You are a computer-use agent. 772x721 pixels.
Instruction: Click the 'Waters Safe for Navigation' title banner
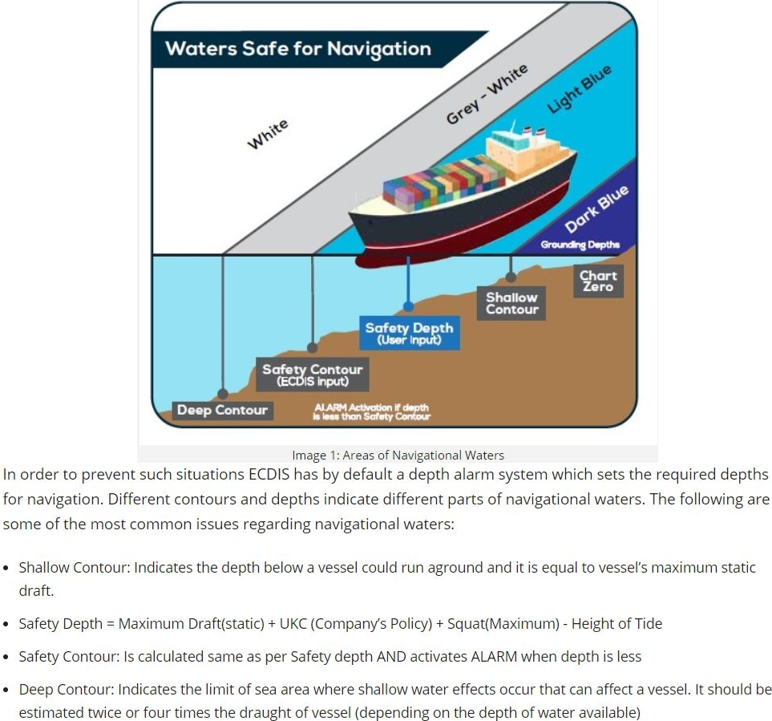tap(305, 49)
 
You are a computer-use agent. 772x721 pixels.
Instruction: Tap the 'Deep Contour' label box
tap(223, 411)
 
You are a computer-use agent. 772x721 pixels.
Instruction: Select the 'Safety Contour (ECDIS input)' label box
tap(312, 375)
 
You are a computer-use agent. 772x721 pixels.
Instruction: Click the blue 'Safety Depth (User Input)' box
tap(409, 334)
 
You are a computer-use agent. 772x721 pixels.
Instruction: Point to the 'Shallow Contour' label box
tap(511, 303)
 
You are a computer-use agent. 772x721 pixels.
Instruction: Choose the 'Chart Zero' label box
tap(598, 282)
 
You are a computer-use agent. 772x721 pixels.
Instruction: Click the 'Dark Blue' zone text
tap(596, 209)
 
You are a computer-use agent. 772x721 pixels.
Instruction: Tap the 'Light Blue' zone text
tap(580, 89)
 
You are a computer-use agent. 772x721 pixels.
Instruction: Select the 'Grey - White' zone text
tap(487, 94)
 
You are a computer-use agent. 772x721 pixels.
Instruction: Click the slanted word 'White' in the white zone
tap(267, 134)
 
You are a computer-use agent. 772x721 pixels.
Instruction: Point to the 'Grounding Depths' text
tap(580, 245)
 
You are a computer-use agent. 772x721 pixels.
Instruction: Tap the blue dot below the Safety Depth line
tap(408, 307)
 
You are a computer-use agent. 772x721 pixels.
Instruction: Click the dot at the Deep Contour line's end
tap(223, 394)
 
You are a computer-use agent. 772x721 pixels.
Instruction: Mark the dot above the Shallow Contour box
tap(511, 277)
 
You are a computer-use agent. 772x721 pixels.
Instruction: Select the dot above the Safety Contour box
tap(312, 348)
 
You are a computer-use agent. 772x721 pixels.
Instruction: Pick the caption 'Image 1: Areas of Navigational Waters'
tap(398, 455)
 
